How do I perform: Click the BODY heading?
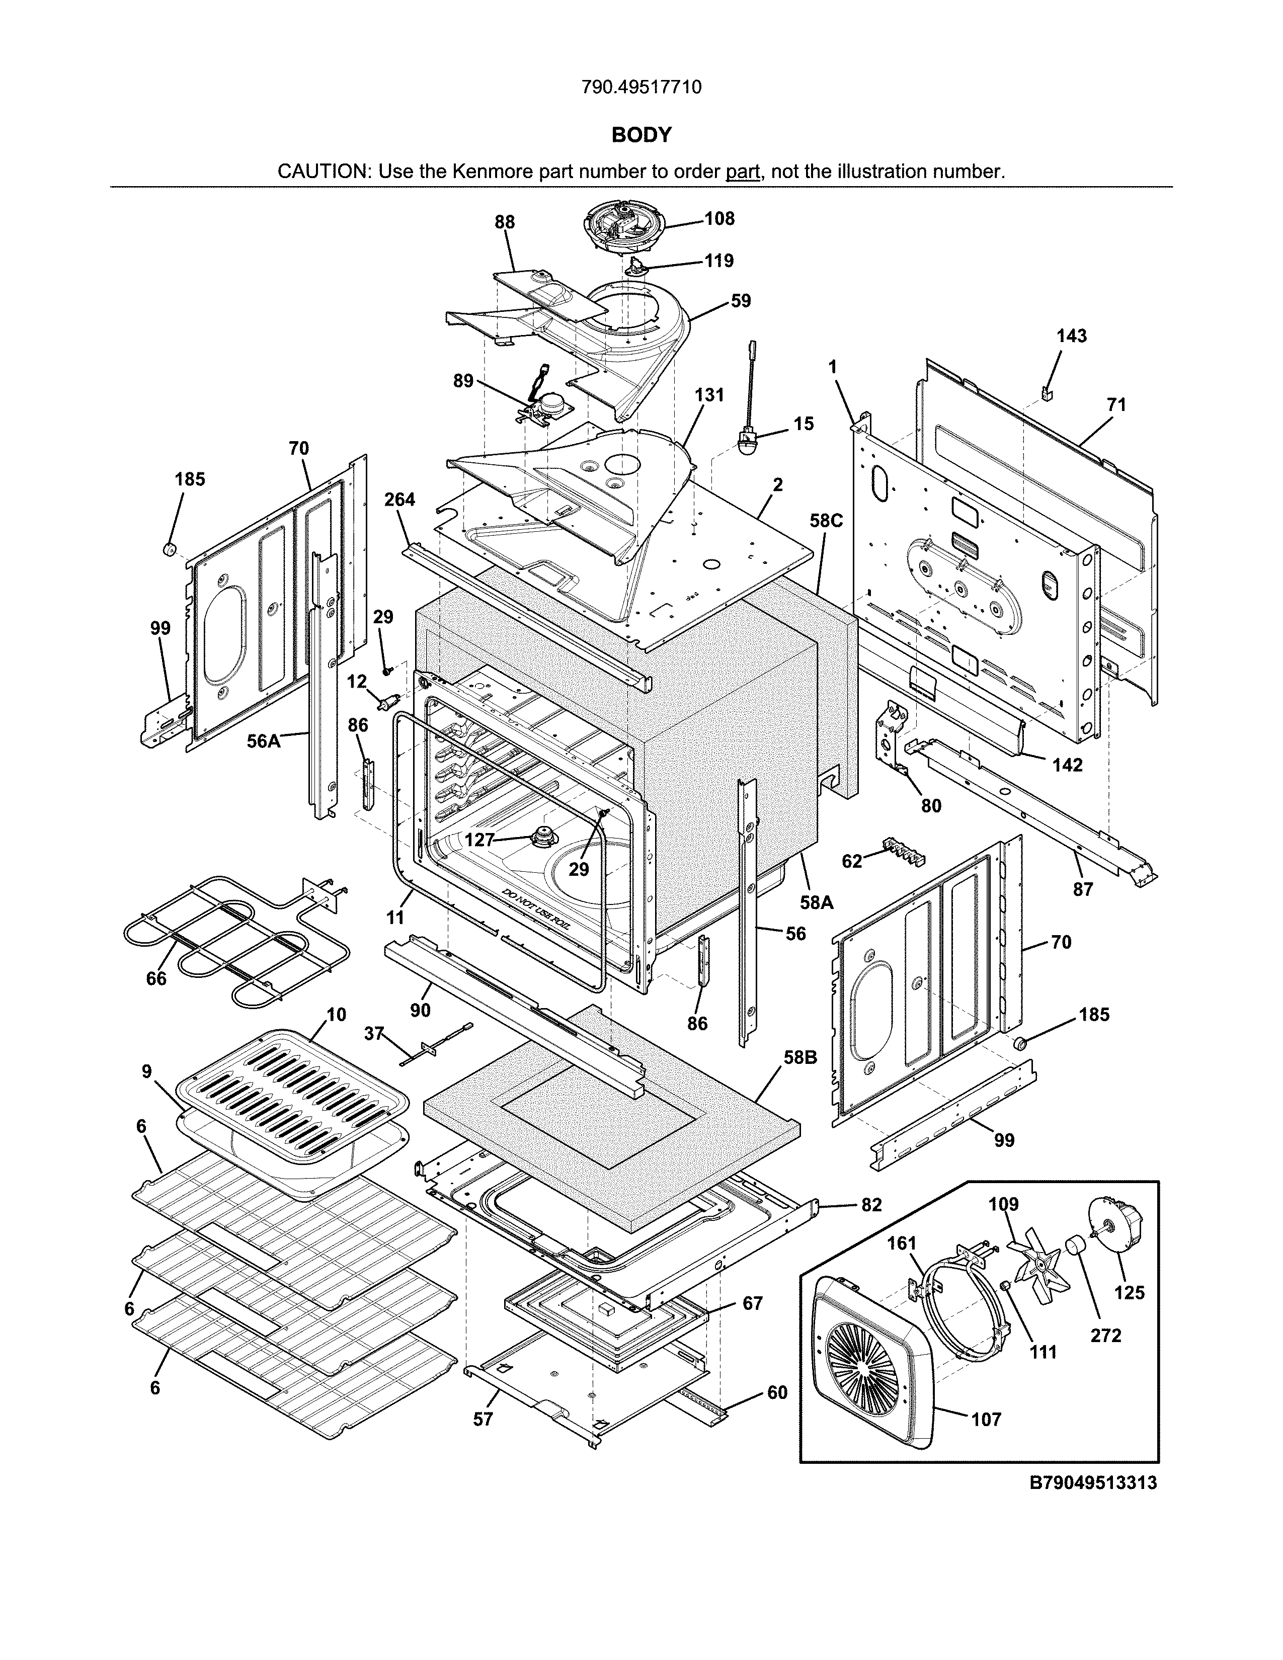(641, 135)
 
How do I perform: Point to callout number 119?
(718, 261)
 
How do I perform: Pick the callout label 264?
(399, 500)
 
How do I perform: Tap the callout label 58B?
(801, 1057)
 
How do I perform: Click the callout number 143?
(1072, 336)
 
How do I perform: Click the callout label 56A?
(264, 740)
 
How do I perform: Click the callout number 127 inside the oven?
(479, 840)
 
